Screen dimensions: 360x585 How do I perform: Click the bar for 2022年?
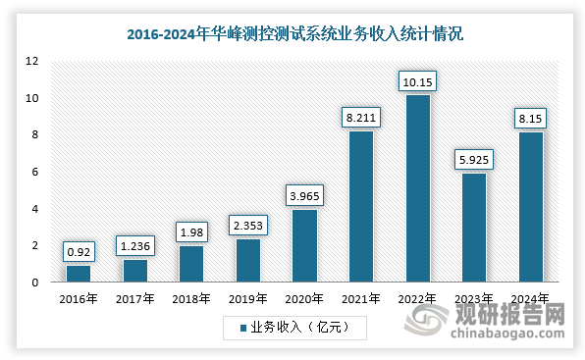(417, 188)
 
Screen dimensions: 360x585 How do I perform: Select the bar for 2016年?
(79, 274)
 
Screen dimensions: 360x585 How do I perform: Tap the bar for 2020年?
(304, 245)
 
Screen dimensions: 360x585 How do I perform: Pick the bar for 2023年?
(474, 228)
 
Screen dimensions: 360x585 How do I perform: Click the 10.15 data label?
(417, 80)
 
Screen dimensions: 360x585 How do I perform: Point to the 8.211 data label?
(360, 117)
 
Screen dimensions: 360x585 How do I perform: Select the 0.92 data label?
(79, 250)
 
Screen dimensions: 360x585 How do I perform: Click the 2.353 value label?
(247, 225)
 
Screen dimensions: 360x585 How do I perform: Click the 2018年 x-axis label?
(191, 300)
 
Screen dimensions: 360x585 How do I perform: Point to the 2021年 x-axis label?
(360, 300)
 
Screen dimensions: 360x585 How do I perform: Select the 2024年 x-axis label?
(530, 300)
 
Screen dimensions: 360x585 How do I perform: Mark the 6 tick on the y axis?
(35, 172)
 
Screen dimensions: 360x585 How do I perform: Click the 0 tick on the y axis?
(35, 283)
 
